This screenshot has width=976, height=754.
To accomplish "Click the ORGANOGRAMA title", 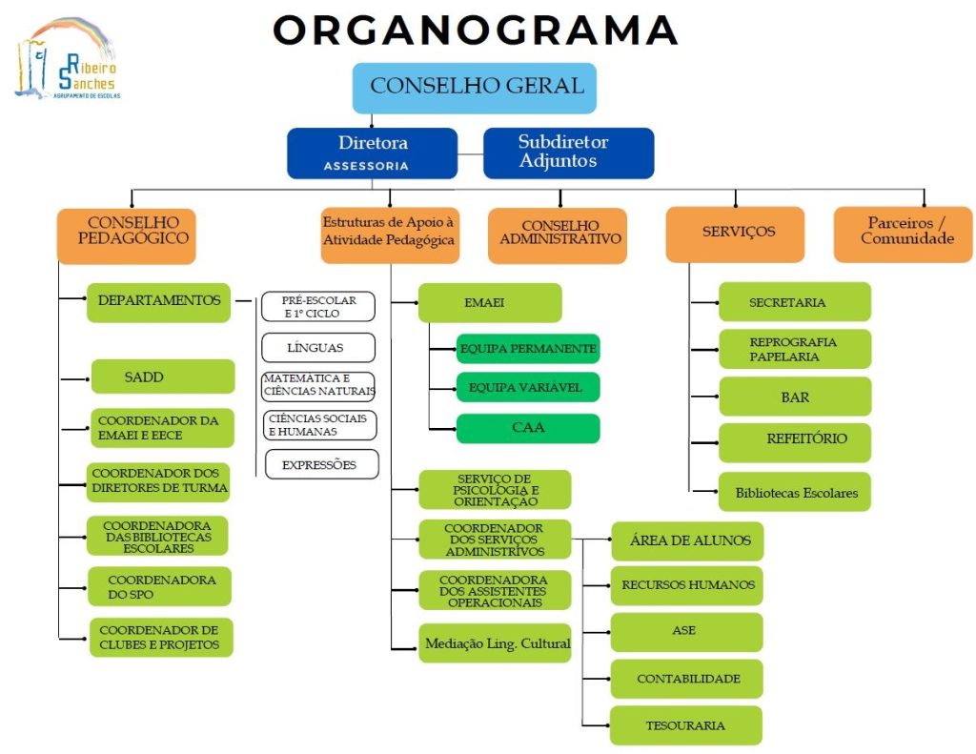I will pos(475,30).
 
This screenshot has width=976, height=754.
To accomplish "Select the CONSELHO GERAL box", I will pos(476,88).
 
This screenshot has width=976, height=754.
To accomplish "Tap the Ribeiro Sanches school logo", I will pos(66,60).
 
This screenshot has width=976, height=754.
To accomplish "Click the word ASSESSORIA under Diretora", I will pos(366,166).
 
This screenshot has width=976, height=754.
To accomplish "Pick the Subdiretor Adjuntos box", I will pos(568,153).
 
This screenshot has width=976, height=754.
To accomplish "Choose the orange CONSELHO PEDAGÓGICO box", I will pos(126,235).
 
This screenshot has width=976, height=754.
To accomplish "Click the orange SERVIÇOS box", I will pos(735,234).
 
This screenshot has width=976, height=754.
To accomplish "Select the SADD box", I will pos(163,377).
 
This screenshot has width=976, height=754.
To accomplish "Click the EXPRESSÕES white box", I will pos(320,464).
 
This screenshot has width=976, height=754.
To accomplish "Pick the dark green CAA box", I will pos(528,428).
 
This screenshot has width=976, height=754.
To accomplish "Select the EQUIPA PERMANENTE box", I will pos(528,349).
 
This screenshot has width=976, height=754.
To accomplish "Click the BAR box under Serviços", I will pos(795,397).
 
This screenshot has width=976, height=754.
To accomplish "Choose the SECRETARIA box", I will pos(795,301).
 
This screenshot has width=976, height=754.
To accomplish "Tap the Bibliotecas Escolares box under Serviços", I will pos(795,492).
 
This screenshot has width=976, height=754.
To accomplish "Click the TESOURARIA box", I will pos(686,725).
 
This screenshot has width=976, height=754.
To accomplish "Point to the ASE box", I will pos(686,632).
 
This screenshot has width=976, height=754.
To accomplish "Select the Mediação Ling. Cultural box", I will pos(496,643).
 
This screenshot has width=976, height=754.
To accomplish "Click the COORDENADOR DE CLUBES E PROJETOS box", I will pos(160,637).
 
